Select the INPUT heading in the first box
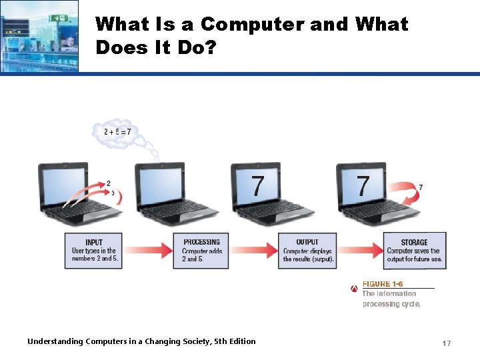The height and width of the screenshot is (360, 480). pos(94,242)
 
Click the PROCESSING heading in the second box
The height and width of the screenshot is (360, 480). pos(201,242)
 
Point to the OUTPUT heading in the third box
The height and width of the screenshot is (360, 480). pos(307,242)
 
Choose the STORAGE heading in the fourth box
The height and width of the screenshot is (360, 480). pos(414,243)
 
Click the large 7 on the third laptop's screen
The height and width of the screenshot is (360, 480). pos(257,185)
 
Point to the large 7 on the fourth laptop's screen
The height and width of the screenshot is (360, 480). pos(363,185)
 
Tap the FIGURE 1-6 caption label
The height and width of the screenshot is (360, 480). pos(383,284)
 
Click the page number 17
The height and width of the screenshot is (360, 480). pos(447,343)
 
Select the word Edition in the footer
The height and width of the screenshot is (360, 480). pos(241,341)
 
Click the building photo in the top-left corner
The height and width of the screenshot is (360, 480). pos(39,36)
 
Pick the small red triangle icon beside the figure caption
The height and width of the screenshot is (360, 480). pos(354,289)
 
